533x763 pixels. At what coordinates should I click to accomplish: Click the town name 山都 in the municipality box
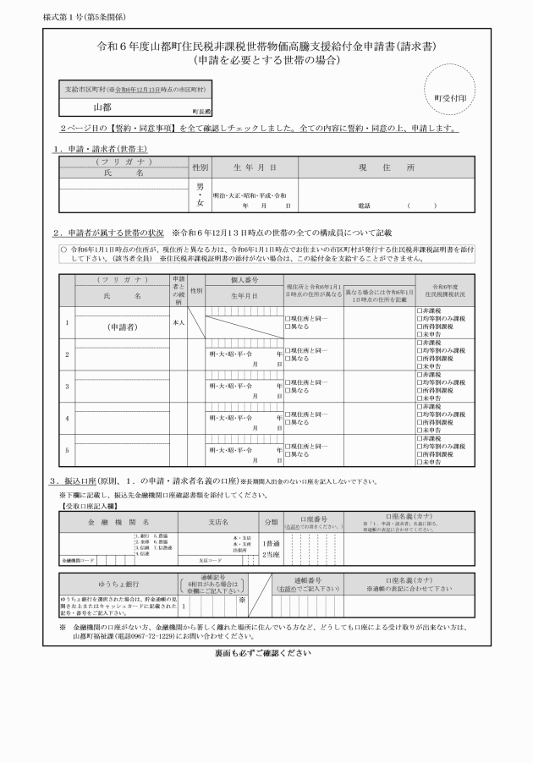(102, 107)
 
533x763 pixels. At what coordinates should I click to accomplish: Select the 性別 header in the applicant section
(200, 167)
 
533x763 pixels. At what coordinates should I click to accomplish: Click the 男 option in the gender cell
(200, 184)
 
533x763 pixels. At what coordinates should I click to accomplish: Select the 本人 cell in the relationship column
(178, 322)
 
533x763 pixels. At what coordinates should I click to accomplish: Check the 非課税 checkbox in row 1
(419, 310)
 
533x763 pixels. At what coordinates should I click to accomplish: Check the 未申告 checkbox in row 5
(419, 463)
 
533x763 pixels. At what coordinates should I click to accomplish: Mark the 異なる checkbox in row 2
(288, 359)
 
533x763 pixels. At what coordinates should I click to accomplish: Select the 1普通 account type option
(271, 543)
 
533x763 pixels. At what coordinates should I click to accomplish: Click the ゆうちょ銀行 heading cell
(113, 585)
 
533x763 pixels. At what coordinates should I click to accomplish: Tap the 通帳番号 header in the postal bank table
(308, 580)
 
